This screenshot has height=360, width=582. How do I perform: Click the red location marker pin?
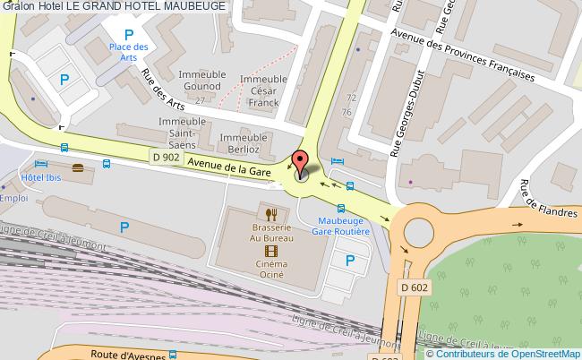coord(301,162)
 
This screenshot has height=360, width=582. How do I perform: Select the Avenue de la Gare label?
coord(227,166)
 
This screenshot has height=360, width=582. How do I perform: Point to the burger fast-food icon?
coord(78,167)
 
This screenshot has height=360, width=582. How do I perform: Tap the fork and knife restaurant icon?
coord(270,213)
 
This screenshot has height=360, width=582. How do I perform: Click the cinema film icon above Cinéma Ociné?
coord(270,251)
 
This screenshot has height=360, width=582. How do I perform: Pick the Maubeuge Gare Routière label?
coord(341,224)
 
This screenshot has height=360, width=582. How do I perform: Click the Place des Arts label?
coord(128,52)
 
